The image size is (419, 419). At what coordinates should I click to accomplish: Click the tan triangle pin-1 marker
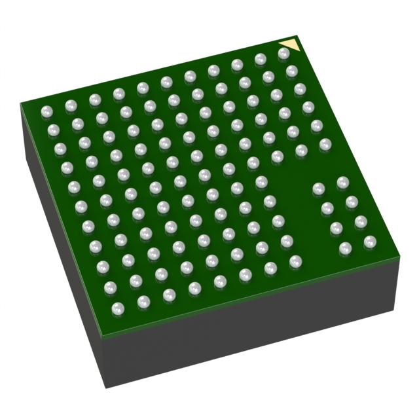pos(289,48)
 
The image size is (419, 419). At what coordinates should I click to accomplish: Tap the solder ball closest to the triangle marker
pos(283,54)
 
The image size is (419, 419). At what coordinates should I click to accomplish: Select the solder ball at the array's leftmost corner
pos(46,112)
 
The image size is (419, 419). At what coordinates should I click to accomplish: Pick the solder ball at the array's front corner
pos(118,307)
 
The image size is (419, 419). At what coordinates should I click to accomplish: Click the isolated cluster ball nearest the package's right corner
pos(370,242)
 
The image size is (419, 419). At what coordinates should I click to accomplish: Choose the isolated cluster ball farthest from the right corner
pos(319,189)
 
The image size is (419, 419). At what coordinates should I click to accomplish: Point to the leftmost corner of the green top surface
pos(20,103)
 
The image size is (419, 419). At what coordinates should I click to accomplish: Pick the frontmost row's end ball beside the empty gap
pos(295,261)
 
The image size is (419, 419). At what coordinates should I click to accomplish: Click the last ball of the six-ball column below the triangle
pos(325,145)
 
